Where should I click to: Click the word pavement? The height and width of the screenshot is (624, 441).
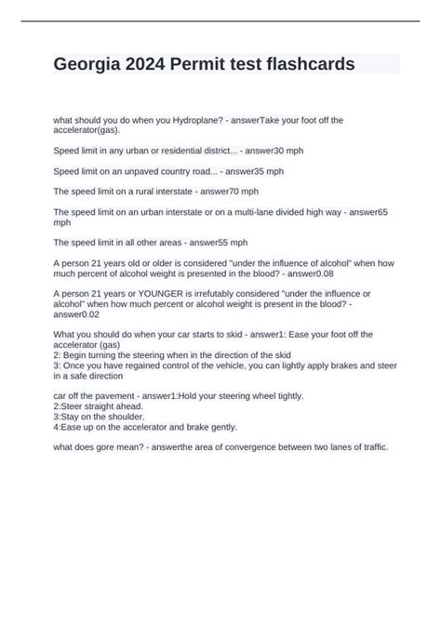(124, 396)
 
